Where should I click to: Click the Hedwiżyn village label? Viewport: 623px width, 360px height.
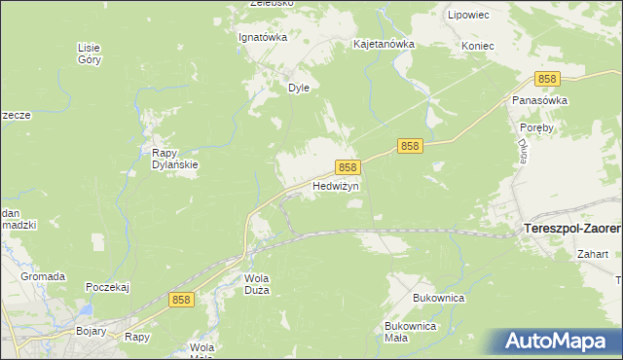tap(336, 185)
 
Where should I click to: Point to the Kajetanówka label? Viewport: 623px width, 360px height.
tap(384, 45)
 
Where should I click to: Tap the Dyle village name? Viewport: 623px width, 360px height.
tap(298, 87)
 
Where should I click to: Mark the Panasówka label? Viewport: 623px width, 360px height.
tap(540, 100)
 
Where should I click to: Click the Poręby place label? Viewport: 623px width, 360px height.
tap(536, 127)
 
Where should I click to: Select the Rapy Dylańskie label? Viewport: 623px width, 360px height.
tap(175, 158)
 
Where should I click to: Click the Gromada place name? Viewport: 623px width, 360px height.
tap(43, 276)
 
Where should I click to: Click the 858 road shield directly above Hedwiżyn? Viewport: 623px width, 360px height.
tap(349, 167)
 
